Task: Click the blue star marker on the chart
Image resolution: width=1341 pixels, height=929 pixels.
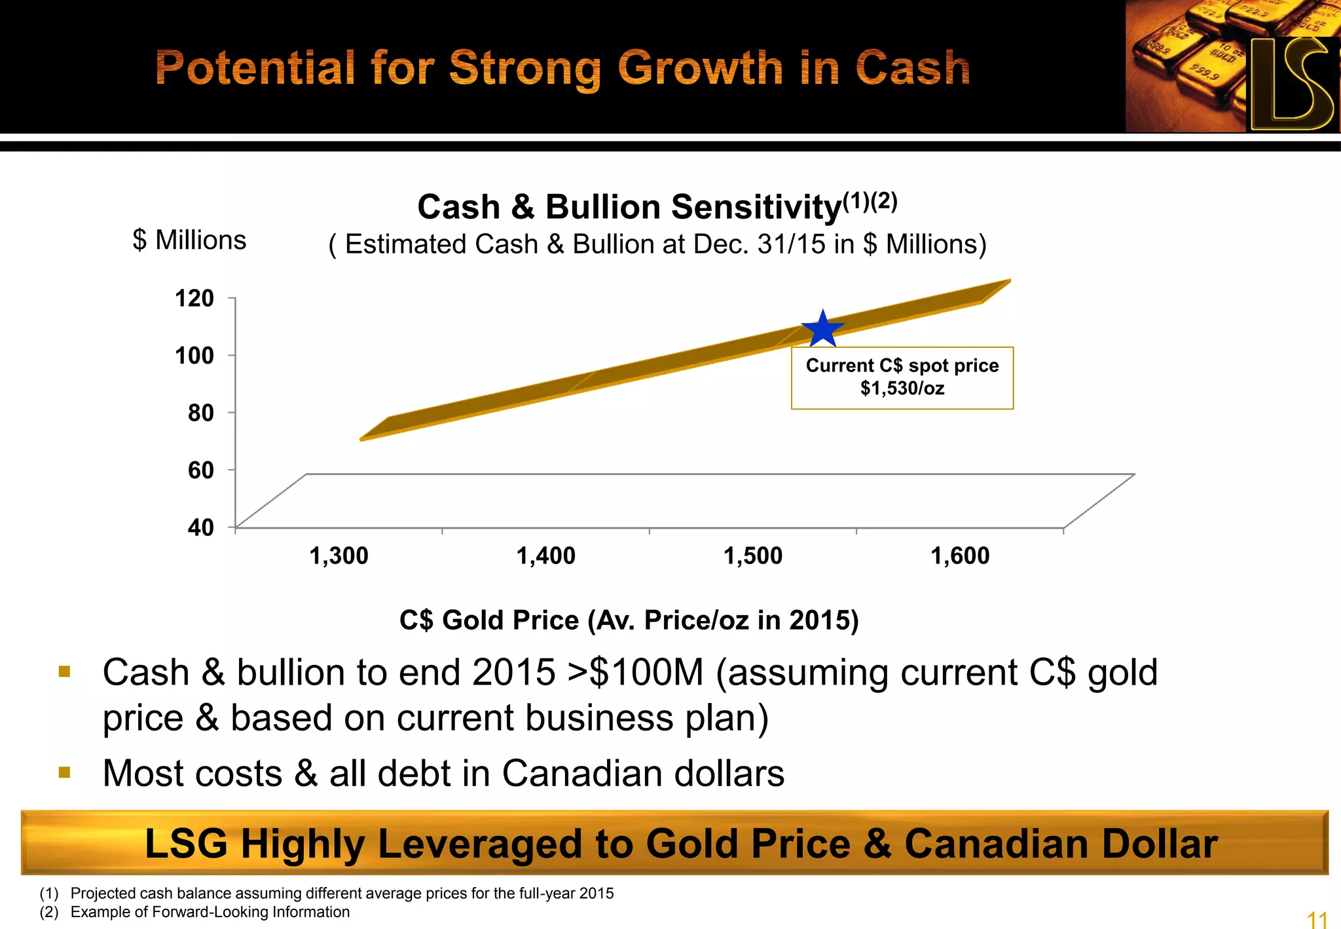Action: (x=822, y=330)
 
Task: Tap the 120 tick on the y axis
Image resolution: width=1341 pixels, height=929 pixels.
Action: (x=194, y=298)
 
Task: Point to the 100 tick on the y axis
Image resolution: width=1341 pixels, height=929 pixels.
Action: (x=194, y=355)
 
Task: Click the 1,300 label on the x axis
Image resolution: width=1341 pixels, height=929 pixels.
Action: (x=339, y=556)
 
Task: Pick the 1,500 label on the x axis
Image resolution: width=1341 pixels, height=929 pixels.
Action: (x=753, y=556)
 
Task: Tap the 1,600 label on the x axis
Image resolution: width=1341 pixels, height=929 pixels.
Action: (x=960, y=556)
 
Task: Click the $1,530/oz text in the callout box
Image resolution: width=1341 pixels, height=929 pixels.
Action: (x=902, y=389)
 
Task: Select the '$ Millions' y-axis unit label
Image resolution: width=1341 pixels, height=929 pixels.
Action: (x=189, y=240)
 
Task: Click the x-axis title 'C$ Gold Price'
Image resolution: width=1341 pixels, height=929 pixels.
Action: (x=489, y=620)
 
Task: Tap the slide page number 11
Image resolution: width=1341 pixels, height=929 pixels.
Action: (x=1317, y=919)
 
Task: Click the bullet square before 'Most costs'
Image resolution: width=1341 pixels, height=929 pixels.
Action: (x=64, y=772)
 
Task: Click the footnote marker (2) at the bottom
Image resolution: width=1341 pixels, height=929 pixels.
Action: (x=49, y=912)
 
